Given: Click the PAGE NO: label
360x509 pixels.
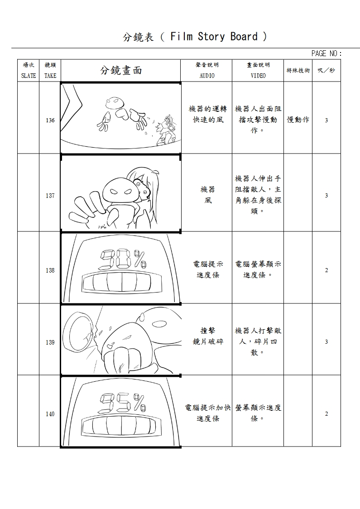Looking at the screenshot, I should coord(326,53).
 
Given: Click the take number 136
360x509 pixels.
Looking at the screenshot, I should coord(50,120).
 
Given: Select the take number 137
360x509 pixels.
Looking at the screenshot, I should coord(50,196).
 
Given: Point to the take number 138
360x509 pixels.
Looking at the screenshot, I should coord(50,270).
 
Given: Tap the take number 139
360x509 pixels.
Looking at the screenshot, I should coord(50,342).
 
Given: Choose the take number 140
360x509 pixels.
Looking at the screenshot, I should coord(50,414).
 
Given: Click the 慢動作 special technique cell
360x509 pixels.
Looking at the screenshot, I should coord(298,120).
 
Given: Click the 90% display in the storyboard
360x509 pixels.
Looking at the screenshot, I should coord(123,259).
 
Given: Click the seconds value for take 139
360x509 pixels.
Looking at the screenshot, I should coord(326,342).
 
